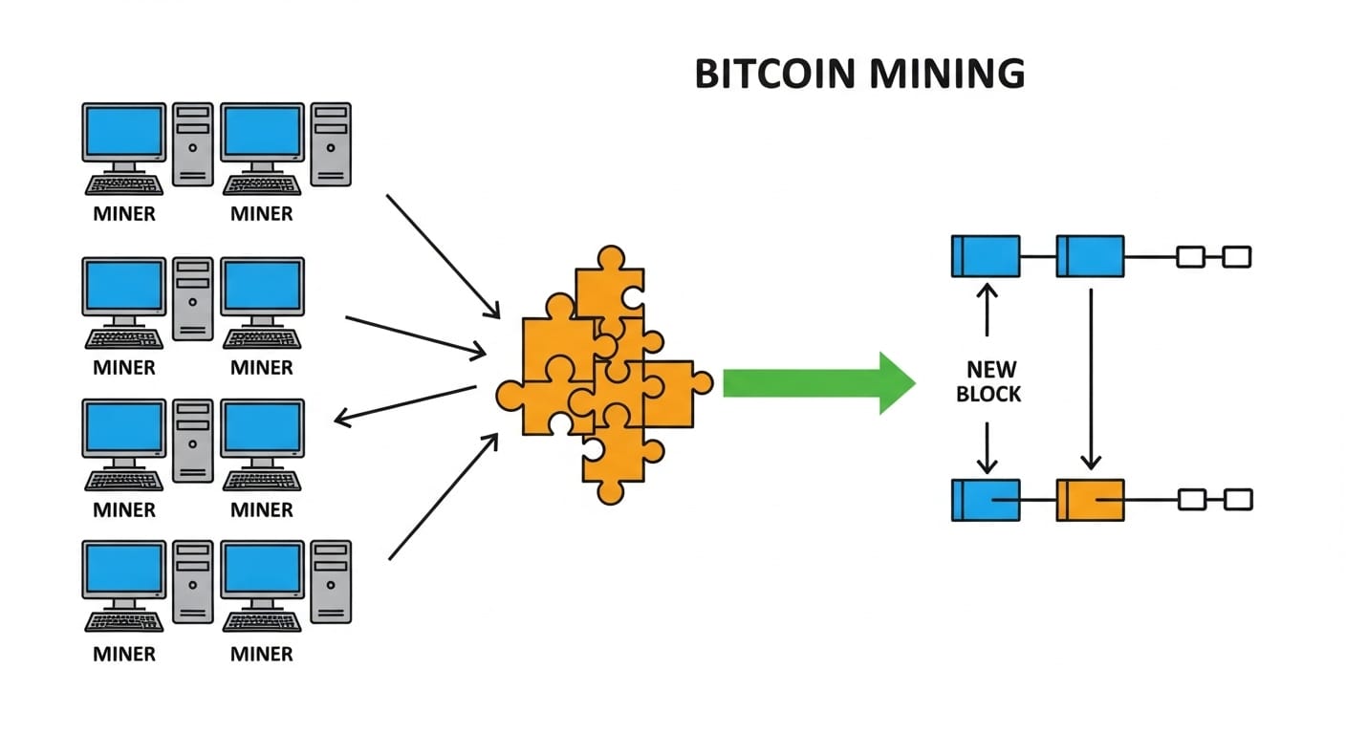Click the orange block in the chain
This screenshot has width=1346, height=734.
tap(1090, 500)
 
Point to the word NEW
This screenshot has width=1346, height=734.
tap(990, 369)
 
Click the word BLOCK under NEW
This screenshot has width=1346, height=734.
tap(989, 394)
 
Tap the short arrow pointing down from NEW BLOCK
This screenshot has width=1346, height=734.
tap(986, 447)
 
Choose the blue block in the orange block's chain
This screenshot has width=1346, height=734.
tap(986, 500)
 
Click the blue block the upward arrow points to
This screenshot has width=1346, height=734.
tap(986, 256)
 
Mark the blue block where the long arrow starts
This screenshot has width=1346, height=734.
tap(1090, 256)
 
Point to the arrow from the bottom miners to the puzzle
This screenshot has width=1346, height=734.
tap(443, 496)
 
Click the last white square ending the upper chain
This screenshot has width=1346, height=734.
tap(1237, 256)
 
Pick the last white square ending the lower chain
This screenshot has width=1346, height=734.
tap(1238, 499)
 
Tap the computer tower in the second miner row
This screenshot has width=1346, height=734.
tap(193, 298)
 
